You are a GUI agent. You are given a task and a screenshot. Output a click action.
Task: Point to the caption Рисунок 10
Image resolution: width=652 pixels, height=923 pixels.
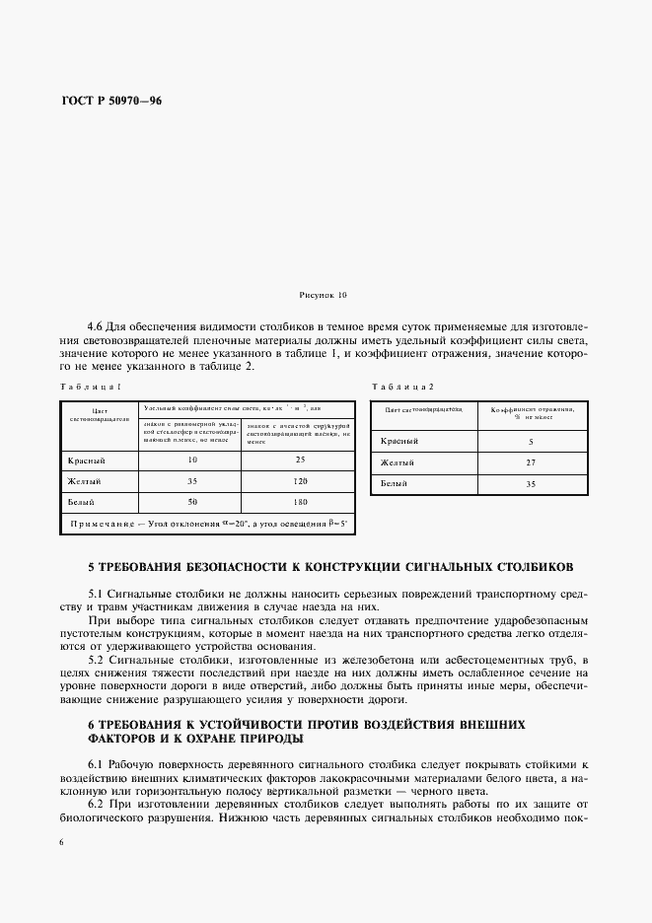coord(323,295)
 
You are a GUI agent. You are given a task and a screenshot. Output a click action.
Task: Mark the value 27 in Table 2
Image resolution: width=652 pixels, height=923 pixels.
coord(530,462)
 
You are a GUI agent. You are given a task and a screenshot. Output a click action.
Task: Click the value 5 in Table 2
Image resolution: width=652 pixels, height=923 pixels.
coord(530,442)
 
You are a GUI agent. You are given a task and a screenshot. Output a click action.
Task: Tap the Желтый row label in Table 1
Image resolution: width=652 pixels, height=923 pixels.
coord(86,481)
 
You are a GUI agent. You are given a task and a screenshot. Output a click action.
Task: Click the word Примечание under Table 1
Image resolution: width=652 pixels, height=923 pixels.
coord(103,523)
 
